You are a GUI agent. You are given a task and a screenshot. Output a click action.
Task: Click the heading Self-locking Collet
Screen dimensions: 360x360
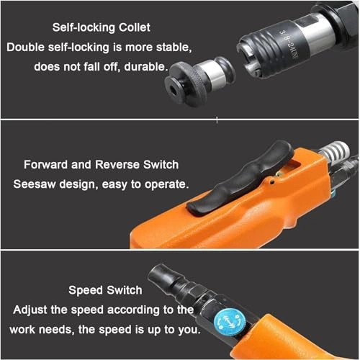pyautogui.click(x=102, y=27)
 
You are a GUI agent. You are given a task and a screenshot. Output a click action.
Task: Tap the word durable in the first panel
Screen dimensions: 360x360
pyautogui.click(x=145, y=66)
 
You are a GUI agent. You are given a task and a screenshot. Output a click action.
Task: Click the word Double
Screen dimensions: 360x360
pyautogui.click(x=25, y=47)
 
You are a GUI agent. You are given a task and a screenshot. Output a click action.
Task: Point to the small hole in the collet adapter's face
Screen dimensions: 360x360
pyautogui.click(x=174, y=89)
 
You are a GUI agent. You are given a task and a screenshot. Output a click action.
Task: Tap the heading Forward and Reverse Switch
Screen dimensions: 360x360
pyautogui.click(x=101, y=165)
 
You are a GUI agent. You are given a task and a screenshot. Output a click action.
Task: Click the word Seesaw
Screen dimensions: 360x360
pyautogui.click(x=34, y=184)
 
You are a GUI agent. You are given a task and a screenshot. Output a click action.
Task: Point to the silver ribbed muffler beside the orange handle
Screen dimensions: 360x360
pyautogui.click(x=334, y=151)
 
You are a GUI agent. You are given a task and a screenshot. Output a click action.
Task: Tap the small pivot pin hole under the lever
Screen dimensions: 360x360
pyautogui.click(x=272, y=182)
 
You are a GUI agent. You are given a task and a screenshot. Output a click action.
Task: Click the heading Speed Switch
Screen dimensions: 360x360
pyautogui.click(x=105, y=290)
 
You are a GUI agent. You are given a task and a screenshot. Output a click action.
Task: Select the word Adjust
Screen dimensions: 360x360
pyautogui.click(x=30, y=310)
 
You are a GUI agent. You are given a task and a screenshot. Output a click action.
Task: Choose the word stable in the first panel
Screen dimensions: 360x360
pyautogui.click(x=174, y=47)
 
